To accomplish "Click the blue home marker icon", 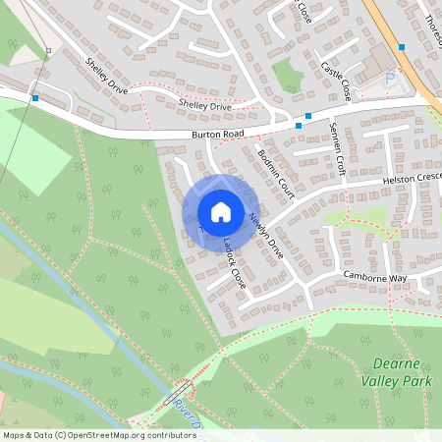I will (221, 211).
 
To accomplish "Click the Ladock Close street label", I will (233, 257).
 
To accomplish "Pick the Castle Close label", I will (336, 81).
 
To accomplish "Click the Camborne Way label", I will (374, 278).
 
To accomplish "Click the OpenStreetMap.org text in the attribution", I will (104, 434).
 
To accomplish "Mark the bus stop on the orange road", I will (401, 46).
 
